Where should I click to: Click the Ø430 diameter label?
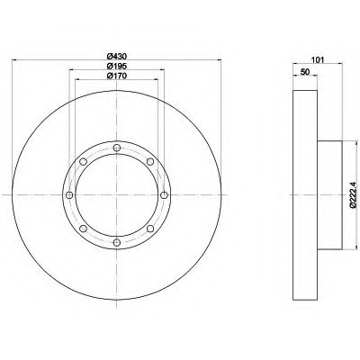117,56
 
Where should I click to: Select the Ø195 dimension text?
117,66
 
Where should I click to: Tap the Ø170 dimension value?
117,76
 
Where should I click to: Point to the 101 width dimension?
318,59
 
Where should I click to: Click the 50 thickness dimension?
305,72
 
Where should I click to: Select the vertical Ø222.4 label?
353,194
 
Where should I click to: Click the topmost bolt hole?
117,148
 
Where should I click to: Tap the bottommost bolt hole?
117,242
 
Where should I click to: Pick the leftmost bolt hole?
69,195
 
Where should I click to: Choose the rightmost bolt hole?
164,195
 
